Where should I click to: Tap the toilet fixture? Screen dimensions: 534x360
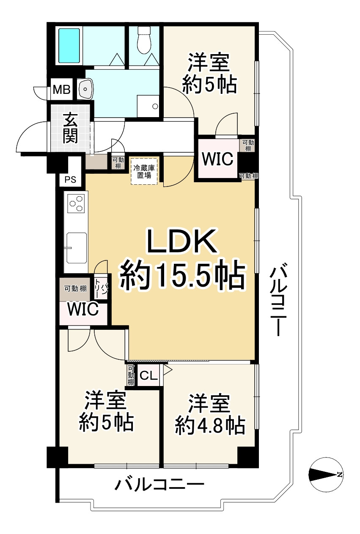click(144, 41)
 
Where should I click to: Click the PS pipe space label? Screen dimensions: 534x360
click(70, 180)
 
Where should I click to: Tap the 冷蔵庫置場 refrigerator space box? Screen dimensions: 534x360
click(144, 171)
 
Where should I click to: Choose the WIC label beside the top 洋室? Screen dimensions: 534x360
click(217, 159)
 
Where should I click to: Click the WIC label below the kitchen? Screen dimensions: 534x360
click(83, 309)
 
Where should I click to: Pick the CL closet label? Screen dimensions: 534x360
click(148, 375)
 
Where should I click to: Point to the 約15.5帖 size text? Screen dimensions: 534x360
click(182, 276)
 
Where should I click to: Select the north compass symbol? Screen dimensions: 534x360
click(325, 475)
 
